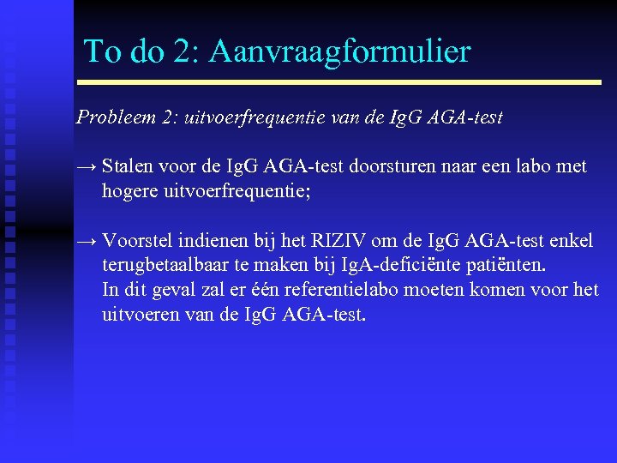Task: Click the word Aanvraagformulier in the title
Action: (339, 51)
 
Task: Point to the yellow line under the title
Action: (339, 82)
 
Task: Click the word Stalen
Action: (126, 166)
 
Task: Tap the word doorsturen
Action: (392, 166)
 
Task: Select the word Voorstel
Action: (136, 242)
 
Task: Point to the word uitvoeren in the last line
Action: (138, 314)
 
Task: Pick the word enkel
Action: (570, 242)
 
